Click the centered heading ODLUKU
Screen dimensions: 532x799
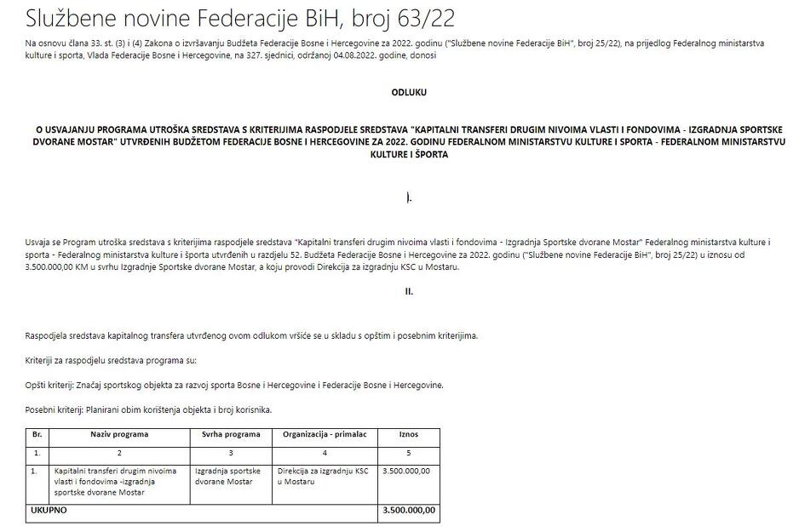[409, 91]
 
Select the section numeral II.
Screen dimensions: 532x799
[409, 291]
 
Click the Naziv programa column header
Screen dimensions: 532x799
[119, 434]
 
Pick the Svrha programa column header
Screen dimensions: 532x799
[231, 434]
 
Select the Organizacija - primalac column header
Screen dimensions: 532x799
[324, 434]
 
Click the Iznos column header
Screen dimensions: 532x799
[409, 434]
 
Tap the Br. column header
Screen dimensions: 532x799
[37, 434]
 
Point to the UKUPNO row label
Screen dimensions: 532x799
[49, 511]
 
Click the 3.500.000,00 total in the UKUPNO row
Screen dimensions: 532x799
[409, 511]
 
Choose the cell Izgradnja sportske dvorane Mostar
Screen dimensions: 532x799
[225, 476]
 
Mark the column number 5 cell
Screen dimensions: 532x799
[409, 452]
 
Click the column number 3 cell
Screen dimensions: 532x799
[231, 452]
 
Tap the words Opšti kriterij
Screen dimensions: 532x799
[53, 385]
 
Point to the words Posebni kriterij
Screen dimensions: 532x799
[58, 409]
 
